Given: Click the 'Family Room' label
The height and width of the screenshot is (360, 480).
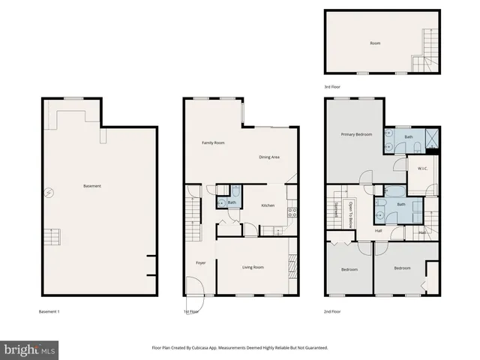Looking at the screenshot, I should (213, 142).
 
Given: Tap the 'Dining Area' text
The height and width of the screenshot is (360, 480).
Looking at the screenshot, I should (269, 157).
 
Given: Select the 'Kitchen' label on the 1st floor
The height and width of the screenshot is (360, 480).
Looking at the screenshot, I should (268, 205).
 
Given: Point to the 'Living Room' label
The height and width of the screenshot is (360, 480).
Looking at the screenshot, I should (253, 267).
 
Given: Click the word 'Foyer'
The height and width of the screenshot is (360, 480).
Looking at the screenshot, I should (201, 262).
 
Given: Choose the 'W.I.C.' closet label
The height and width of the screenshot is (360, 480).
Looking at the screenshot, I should (423, 169).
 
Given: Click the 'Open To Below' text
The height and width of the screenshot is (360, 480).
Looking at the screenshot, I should (349, 214).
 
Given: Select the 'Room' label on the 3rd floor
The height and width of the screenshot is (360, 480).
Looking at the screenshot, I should (375, 43).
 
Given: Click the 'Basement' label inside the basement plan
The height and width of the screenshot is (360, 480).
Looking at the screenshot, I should (92, 186).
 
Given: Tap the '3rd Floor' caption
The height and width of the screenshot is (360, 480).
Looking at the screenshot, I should (332, 87).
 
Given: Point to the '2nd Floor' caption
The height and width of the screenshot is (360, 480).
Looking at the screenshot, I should (332, 310).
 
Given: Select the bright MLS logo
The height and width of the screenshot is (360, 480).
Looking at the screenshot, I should (30, 349).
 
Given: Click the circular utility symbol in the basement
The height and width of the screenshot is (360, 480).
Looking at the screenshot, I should (49, 193).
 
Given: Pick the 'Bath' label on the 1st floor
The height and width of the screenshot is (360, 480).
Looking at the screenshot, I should (232, 202).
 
